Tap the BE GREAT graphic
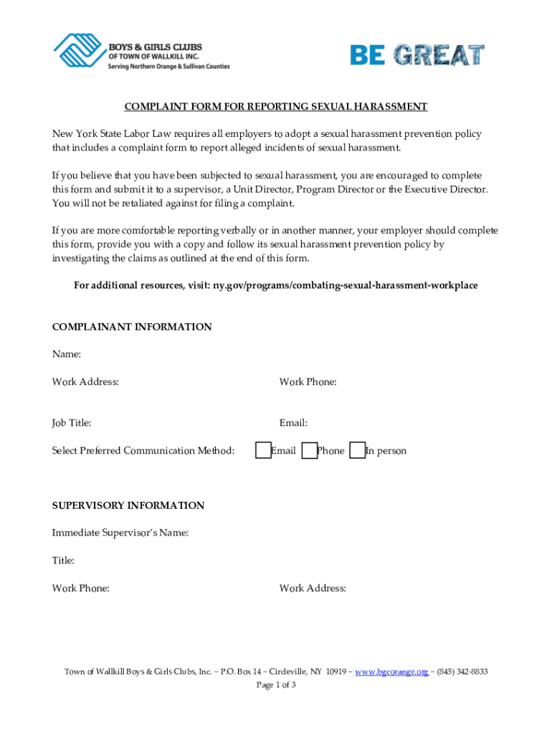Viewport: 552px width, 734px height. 417,54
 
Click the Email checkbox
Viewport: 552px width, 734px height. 263,450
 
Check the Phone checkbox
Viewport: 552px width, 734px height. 309,450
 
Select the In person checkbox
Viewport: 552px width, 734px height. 356,450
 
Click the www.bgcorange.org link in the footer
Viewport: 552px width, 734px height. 391,672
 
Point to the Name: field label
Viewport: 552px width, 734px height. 67,354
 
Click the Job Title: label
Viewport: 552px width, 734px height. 72,423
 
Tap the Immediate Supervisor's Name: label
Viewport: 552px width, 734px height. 120,533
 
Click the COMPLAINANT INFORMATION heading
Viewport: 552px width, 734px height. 132,327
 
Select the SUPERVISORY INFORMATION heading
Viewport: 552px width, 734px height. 128,505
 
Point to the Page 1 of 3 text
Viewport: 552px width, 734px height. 276,685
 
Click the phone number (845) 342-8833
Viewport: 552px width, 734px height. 462,672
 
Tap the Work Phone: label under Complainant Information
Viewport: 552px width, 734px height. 308,382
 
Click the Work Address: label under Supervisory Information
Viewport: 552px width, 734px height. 313,588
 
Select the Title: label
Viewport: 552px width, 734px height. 63,561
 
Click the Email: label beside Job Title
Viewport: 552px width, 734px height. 294,423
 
